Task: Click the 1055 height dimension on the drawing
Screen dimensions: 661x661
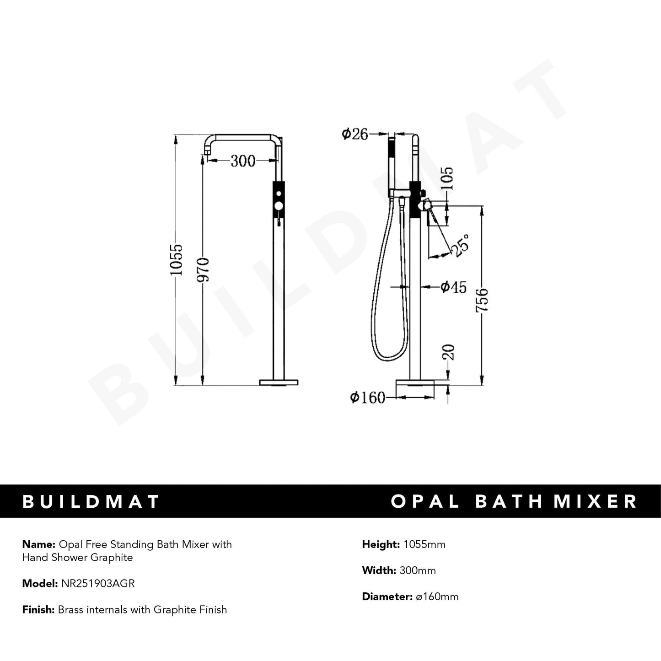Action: pos(177,259)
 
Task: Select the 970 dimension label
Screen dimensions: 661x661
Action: pos(203,269)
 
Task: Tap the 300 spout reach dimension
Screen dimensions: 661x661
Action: pos(243,161)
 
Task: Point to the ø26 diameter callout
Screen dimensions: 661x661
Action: pos(355,134)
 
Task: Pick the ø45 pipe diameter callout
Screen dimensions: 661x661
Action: pos(453,287)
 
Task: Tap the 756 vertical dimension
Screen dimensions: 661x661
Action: pos(482,300)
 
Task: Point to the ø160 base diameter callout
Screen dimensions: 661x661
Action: pos(367,398)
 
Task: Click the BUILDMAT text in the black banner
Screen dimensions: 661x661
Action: pos(91,501)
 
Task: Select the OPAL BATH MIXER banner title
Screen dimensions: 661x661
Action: pos(514,501)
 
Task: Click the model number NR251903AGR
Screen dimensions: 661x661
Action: pos(98,584)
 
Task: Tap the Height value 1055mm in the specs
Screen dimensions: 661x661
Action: pos(424,544)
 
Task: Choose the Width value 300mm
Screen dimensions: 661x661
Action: pos(418,570)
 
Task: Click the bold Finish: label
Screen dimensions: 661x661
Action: pos(38,610)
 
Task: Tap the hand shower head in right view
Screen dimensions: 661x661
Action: pos(392,165)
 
